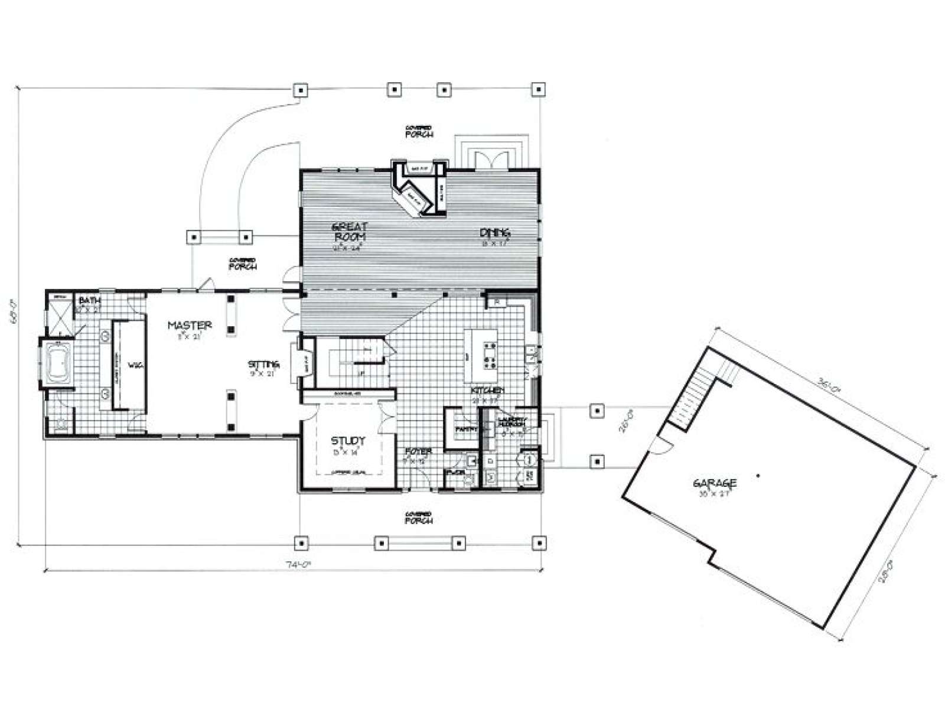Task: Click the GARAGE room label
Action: (715, 484)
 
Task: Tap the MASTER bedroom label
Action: (190, 325)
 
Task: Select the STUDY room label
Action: (347, 440)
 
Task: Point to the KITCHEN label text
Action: (487, 391)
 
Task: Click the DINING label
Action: (494, 232)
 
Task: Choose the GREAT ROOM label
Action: (349, 231)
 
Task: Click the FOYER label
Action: (418, 451)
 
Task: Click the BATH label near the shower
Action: (86, 301)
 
